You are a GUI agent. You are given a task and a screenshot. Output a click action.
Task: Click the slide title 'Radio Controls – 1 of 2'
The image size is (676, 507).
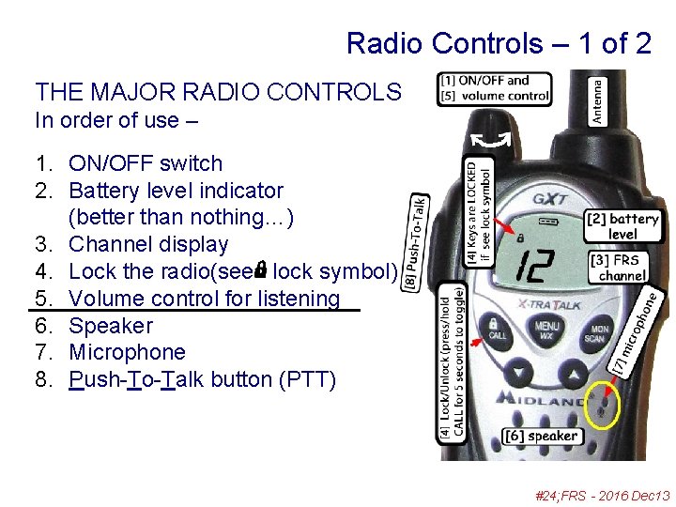click(x=498, y=43)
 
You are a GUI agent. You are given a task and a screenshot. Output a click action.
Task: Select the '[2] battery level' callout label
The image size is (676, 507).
click(x=622, y=226)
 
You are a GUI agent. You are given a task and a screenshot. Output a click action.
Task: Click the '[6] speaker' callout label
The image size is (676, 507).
click(x=542, y=436)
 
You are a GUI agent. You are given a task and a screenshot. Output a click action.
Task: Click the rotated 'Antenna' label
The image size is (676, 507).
click(x=598, y=100)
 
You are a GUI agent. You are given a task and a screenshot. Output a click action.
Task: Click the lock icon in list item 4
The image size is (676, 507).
click(x=260, y=269)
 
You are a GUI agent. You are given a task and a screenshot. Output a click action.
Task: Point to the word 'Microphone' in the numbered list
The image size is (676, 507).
click(x=128, y=352)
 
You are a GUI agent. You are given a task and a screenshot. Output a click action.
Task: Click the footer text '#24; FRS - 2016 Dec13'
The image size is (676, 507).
click(x=602, y=496)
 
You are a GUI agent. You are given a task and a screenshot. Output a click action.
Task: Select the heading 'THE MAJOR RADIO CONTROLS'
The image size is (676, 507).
click(x=218, y=92)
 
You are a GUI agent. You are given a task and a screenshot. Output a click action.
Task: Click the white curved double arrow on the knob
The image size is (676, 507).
click(x=490, y=141)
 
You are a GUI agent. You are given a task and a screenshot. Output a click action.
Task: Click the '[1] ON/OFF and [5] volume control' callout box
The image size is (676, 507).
click(x=495, y=88)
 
